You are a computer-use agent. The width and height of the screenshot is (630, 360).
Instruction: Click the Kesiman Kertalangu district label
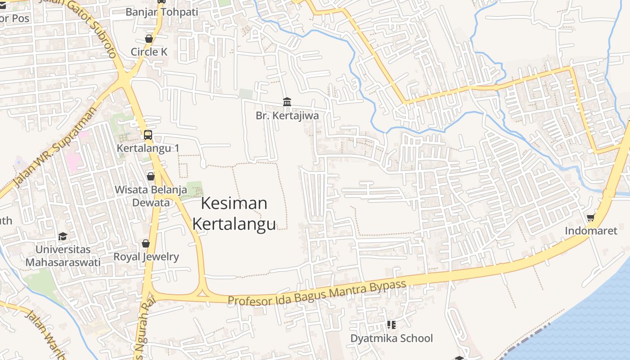coord(234,213)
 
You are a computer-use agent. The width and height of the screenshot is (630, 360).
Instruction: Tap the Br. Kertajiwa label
coord(287,116)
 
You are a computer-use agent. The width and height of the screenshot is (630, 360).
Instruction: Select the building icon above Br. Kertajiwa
coord(287,102)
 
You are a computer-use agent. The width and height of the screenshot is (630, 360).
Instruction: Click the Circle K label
coord(149,52)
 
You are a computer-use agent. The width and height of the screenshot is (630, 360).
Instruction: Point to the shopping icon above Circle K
coord(149,39)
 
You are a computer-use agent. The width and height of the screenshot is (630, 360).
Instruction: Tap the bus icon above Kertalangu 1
coord(148,135)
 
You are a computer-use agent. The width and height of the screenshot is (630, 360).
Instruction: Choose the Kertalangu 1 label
coord(148,148)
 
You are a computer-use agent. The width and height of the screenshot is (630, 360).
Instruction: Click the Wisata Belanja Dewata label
coord(151,196)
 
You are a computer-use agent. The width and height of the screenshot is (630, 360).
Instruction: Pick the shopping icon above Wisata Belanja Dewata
coord(151,176)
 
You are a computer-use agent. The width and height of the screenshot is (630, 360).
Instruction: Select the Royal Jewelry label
coord(146,257)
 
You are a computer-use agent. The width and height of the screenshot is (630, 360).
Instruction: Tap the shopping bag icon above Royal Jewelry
coord(146,243)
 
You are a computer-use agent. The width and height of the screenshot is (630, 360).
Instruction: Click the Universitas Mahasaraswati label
coord(63,256)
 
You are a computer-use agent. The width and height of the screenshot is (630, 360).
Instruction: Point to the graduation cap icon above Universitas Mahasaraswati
coord(63,236)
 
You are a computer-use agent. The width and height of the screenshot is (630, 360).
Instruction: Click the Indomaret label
coord(591,231)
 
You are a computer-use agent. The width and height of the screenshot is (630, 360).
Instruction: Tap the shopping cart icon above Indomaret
coord(591,218)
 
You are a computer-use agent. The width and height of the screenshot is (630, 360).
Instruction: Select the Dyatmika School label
coord(391,338)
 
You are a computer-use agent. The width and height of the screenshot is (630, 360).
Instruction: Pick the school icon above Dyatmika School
coord(391,324)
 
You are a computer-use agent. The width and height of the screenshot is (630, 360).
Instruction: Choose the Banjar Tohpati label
coord(162,12)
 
